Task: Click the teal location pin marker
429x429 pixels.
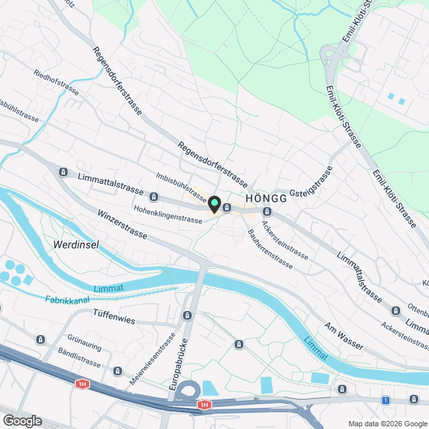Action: point(214,203)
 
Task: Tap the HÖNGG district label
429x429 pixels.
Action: point(267,199)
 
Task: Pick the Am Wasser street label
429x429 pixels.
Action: point(344,336)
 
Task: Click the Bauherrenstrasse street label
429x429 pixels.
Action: point(269,249)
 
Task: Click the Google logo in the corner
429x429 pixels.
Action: point(22,421)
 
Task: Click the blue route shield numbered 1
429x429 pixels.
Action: point(385,400)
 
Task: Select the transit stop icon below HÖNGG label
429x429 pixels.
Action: point(267,212)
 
